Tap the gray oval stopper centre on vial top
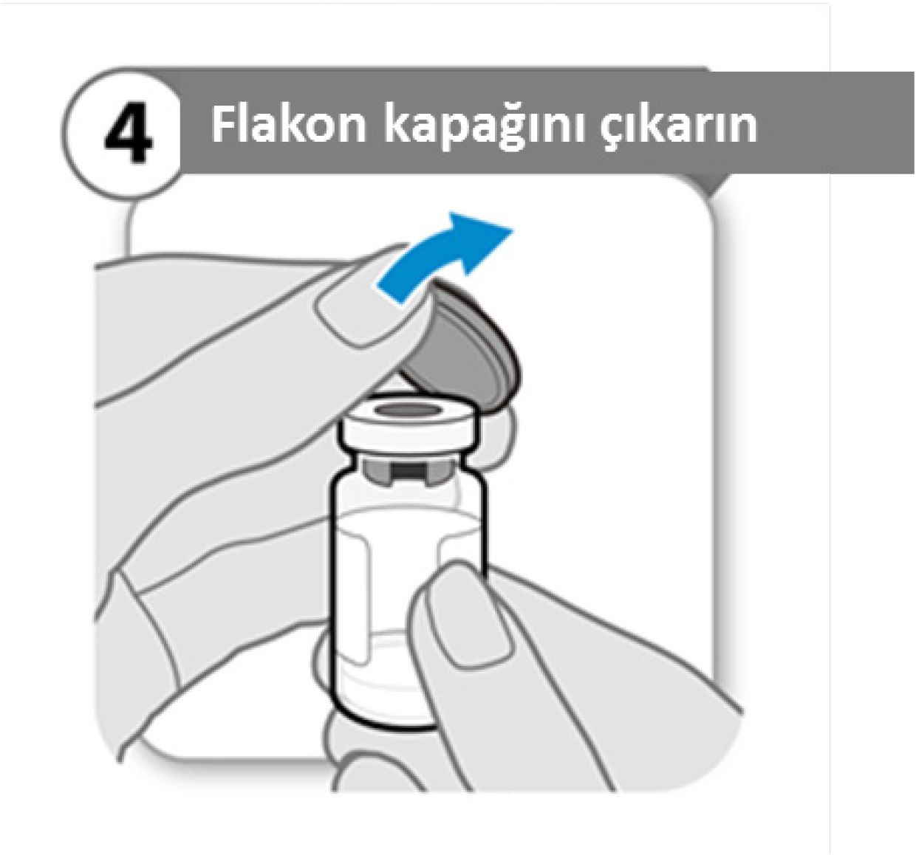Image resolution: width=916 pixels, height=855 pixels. click(406, 410)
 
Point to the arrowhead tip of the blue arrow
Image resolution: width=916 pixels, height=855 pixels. click(513, 230)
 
